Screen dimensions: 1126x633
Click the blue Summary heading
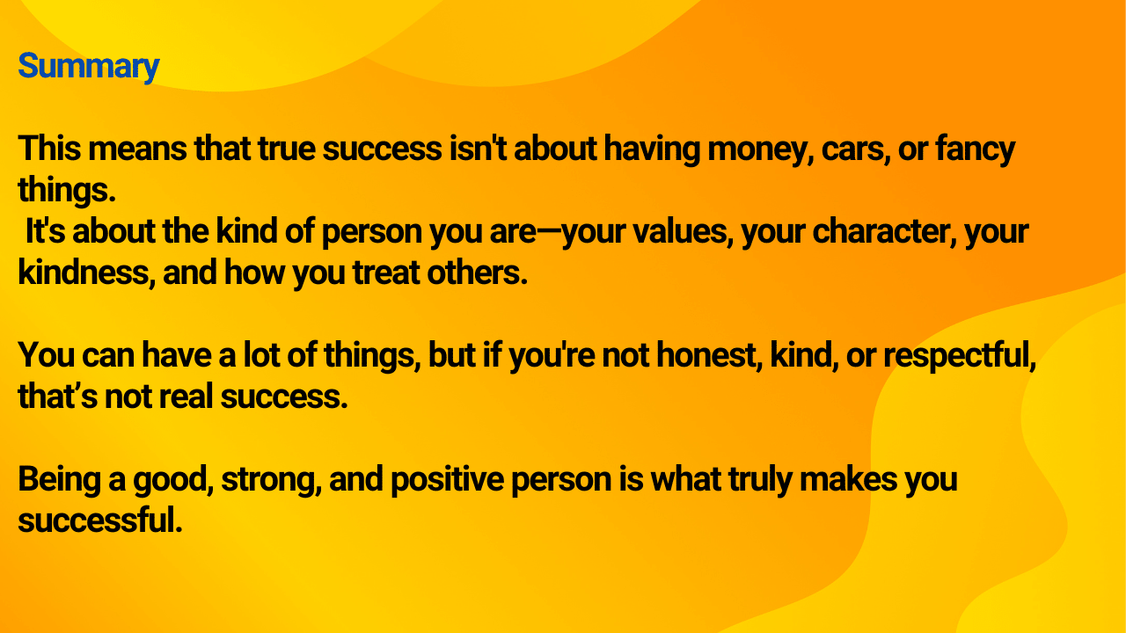click(x=89, y=67)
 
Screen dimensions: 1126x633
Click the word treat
click(x=386, y=273)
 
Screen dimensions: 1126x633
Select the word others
click(x=477, y=273)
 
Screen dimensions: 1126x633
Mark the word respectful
click(x=960, y=356)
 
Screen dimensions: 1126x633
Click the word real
click(x=186, y=397)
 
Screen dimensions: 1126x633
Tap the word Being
click(x=60, y=480)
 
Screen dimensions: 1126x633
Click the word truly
click(x=761, y=480)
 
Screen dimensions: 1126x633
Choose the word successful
click(x=100, y=520)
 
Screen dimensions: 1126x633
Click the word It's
click(x=45, y=231)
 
